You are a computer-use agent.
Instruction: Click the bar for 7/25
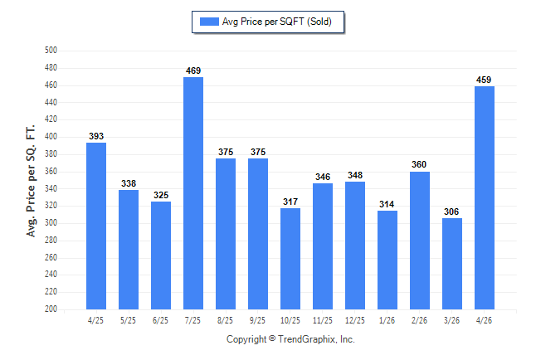pos(193,193)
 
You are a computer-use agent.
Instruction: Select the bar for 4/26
pos(485,198)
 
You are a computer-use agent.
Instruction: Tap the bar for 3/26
pos(452,264)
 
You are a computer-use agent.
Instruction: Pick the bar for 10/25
pos(290,259)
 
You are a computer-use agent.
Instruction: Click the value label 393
pos(96,136)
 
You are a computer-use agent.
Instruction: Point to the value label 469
pos(193,71)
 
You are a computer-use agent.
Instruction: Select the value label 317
pos(290,202)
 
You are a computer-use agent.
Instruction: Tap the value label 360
pos(419,164)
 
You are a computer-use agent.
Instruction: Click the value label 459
pos(484,80)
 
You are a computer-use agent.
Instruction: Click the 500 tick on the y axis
pos(51,51)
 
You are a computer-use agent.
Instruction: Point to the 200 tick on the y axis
pos(51,309)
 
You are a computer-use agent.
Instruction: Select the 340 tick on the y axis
pos(51,188)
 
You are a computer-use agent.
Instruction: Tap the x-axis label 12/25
pos(355,320)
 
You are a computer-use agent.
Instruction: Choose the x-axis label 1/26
pos(387,320)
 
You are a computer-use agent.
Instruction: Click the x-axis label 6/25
pos(160,320)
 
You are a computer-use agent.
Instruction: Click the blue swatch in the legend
pos(209,22)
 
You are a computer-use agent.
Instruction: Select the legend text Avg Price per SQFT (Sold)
pos(277,22)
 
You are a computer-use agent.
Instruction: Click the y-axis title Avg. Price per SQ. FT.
pos(31,181)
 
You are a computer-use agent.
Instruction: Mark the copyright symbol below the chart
pos(272,338)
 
